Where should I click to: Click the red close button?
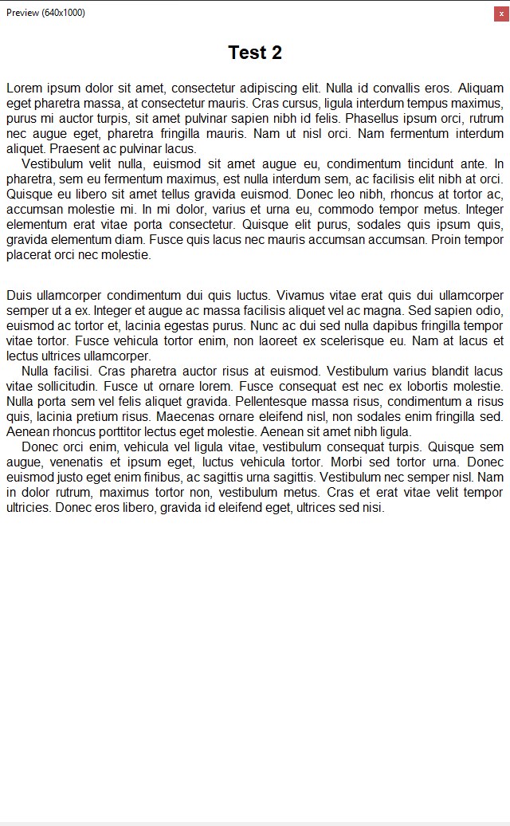pos(502,13)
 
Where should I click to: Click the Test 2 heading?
pos(255,53)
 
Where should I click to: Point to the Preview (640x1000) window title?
pos(45,13)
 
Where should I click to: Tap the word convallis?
pos(400,88)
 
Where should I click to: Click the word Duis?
pos(20,296)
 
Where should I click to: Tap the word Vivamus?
pos(302,296)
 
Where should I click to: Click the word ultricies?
pos(28,507)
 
